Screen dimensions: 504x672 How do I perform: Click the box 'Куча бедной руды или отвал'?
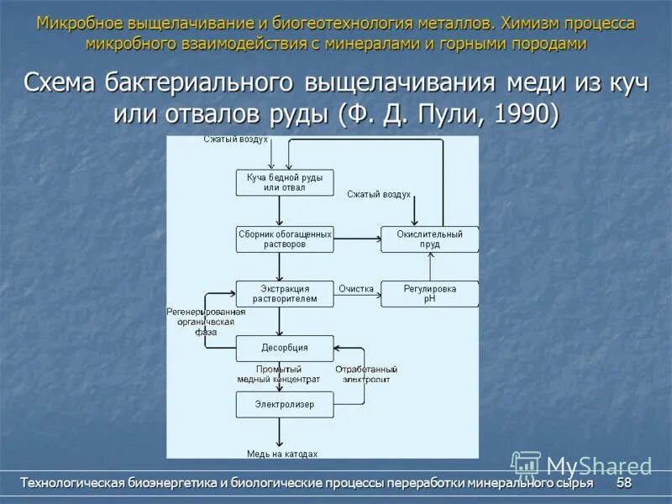click(x=284, y=182)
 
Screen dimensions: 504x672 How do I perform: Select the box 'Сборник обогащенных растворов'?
click(x=284, y=239)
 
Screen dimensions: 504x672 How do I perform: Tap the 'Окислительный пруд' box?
click(x=429, y=239)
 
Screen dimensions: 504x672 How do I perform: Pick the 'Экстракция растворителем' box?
click(x=284, y=293)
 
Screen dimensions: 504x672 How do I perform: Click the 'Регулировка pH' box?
click(x=429, y=293)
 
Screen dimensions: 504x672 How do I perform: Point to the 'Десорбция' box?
click(x=284, y=348)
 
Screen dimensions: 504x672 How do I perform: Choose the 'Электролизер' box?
click(x=284, y=404)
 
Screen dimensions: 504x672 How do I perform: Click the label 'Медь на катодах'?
click(x=281, y=454)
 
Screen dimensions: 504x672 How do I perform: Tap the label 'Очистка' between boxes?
click(x=356, y=289)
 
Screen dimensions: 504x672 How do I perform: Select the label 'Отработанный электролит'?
click(x=366, y=374)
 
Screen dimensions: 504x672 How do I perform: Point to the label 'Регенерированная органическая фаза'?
click(x=206, y=322)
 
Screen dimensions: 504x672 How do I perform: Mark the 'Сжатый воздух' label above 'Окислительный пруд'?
click(x=379, y=194)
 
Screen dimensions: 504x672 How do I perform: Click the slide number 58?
click(x=624, y=484)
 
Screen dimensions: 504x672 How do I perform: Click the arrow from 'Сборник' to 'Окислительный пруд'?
click(x=357, y=239)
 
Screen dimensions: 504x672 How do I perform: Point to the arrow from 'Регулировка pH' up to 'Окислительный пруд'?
click(x=429, y=266)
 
